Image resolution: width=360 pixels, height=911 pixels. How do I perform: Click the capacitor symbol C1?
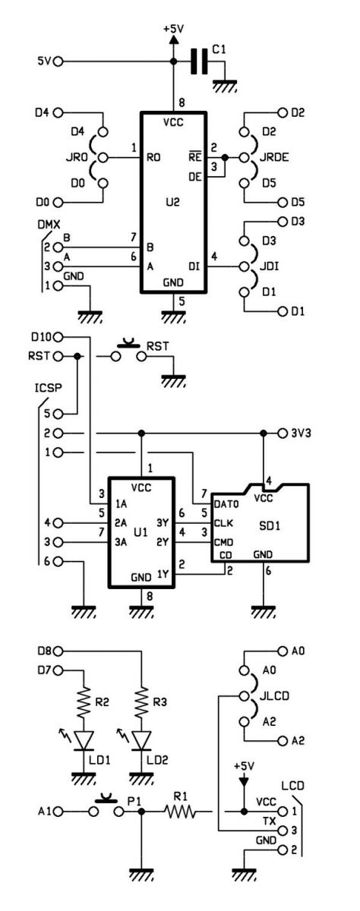(x=199, y=61)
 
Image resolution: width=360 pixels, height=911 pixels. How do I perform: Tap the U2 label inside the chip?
(x=173, y=202)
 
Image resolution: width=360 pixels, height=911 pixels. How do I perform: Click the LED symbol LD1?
(x=84, y=740)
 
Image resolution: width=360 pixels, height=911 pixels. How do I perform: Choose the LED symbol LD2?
(x=142, y=740)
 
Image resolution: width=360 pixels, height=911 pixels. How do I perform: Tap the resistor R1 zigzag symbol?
(x=180, y=812)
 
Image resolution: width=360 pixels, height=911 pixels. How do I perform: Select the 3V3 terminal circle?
(x=283, y=433)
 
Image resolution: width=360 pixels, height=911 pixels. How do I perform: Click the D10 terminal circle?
(x=58, y=337)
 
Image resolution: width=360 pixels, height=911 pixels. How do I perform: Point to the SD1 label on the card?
(x=270, y=526)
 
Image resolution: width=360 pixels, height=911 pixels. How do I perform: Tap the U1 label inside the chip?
(x=140, y=532)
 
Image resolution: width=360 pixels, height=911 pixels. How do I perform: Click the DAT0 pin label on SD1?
(x=226, y=504)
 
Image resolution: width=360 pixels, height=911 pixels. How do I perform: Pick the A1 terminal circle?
(x=58, y=812)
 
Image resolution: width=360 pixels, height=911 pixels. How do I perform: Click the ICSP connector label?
(x=49, y=388)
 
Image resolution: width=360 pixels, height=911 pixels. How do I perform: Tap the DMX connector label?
(x=49, y=224)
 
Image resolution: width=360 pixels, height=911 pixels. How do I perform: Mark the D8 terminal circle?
(x=58, y=651)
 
